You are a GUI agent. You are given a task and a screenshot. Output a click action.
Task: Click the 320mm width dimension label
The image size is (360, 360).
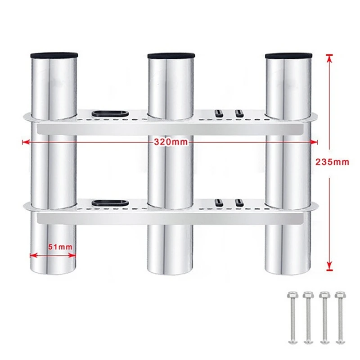pos(171,142)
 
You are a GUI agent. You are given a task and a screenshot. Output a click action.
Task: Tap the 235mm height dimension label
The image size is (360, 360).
pos(332,162)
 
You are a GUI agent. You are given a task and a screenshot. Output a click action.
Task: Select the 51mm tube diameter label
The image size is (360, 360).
pos(60,247)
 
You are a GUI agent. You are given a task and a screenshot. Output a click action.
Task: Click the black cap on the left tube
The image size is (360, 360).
pos(54,55)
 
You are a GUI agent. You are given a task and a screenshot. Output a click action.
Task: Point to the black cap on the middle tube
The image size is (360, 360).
pos(171,55)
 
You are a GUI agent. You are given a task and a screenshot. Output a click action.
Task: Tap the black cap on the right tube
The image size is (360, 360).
pos(288,55)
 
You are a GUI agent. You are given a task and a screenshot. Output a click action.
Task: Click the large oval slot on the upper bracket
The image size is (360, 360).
pos(110,114)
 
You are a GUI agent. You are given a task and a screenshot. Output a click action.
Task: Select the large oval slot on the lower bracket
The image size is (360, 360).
pos(110,203)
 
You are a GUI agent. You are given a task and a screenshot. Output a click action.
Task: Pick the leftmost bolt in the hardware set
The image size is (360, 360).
pos(292,318)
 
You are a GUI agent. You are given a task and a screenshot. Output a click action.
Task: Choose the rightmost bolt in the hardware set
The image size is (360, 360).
pos(340,318)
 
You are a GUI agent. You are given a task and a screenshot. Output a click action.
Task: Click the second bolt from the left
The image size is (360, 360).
pos(308,318)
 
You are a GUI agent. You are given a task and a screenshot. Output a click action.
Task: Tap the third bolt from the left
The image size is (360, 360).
pos(324,318)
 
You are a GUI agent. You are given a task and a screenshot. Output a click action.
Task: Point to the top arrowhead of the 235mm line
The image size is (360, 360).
pos(329,58)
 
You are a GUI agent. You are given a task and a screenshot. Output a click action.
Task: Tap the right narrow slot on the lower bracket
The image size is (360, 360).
pos(239,202)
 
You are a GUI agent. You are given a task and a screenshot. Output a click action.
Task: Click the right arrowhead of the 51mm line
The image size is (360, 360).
pos(72,255)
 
